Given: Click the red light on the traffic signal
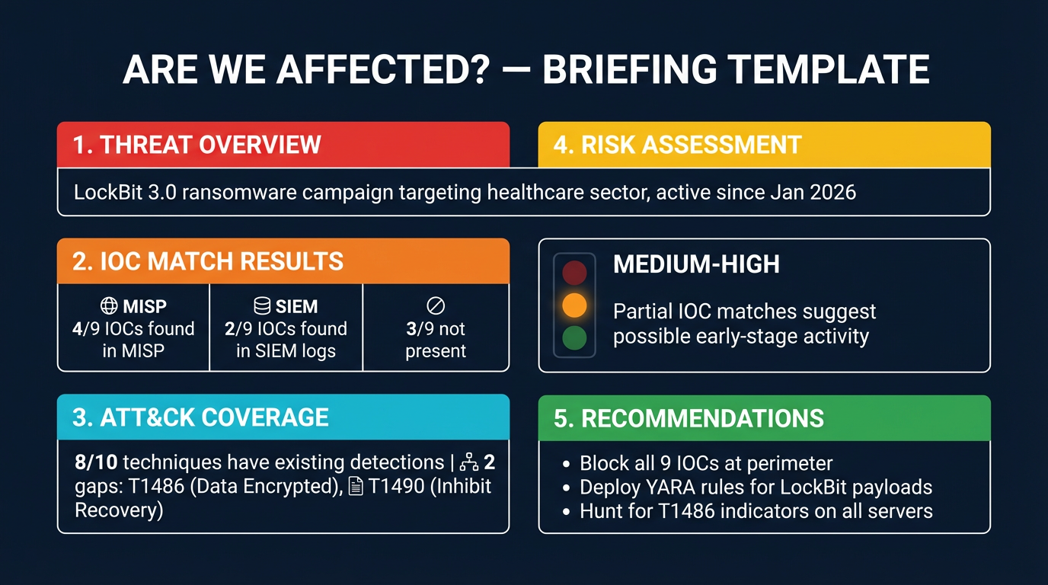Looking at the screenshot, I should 574,272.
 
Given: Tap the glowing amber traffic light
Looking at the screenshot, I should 574,305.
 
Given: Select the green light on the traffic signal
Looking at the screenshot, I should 574,337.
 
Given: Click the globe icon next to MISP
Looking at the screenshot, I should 109,306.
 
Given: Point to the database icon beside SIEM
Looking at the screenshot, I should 262,306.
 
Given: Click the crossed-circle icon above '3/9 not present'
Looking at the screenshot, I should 435,306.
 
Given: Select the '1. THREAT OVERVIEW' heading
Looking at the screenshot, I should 196,145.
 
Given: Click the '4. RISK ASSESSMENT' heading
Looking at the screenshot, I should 677,145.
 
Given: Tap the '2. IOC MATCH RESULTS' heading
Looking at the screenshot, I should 208,261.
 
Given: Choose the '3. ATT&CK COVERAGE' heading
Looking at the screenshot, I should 201,417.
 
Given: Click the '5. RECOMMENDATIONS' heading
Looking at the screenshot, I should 689,418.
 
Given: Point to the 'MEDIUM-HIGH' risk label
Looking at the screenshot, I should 696,265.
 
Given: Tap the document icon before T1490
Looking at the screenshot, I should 355,486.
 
